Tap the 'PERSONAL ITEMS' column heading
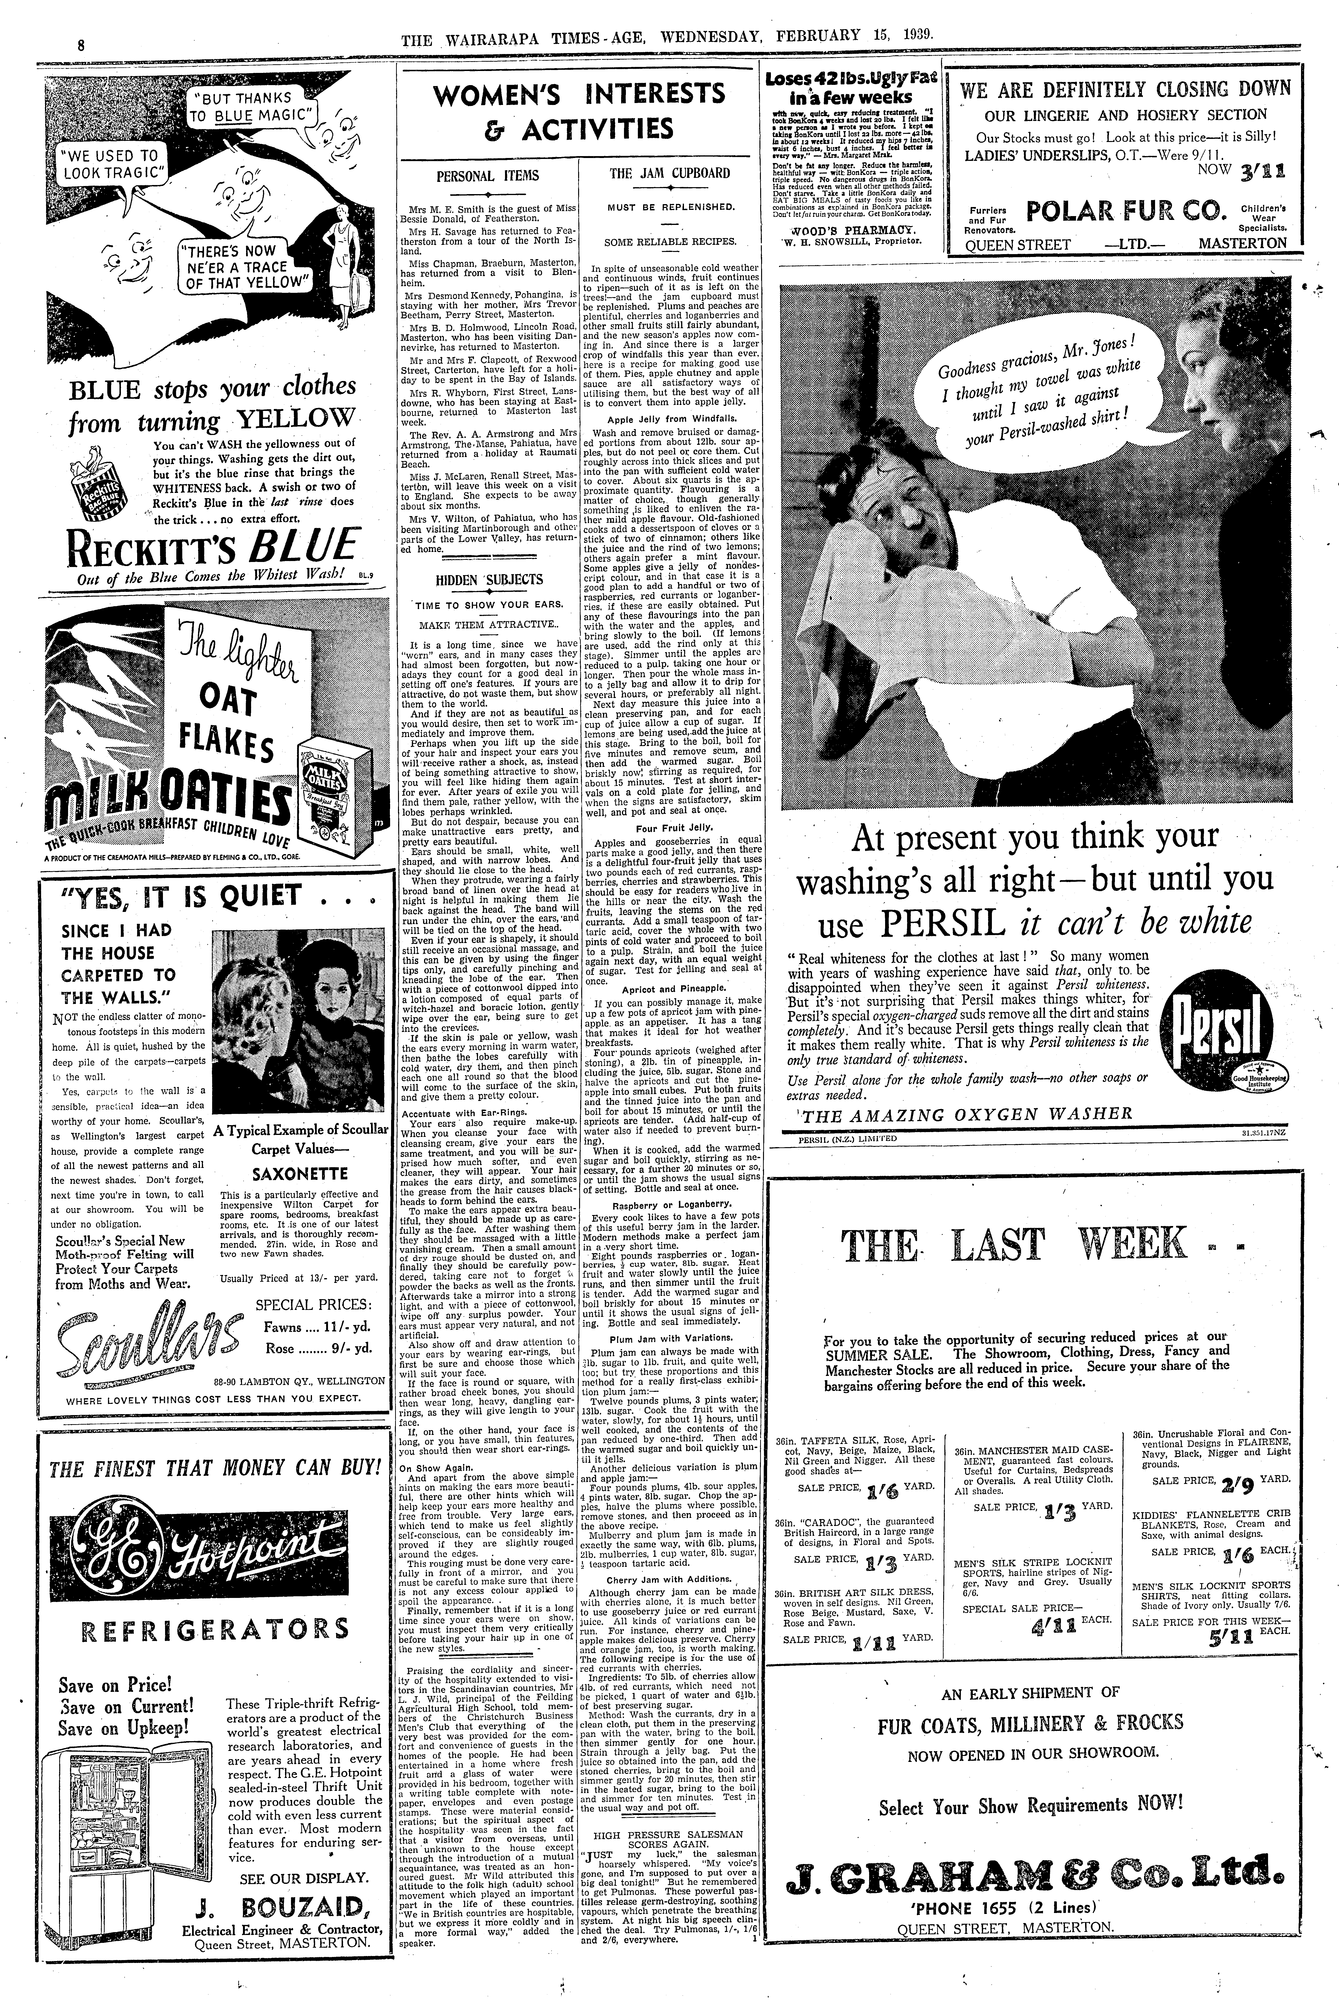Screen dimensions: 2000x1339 (x=488, y=175)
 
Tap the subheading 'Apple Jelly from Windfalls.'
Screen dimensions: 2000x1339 (x=671, y=420)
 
